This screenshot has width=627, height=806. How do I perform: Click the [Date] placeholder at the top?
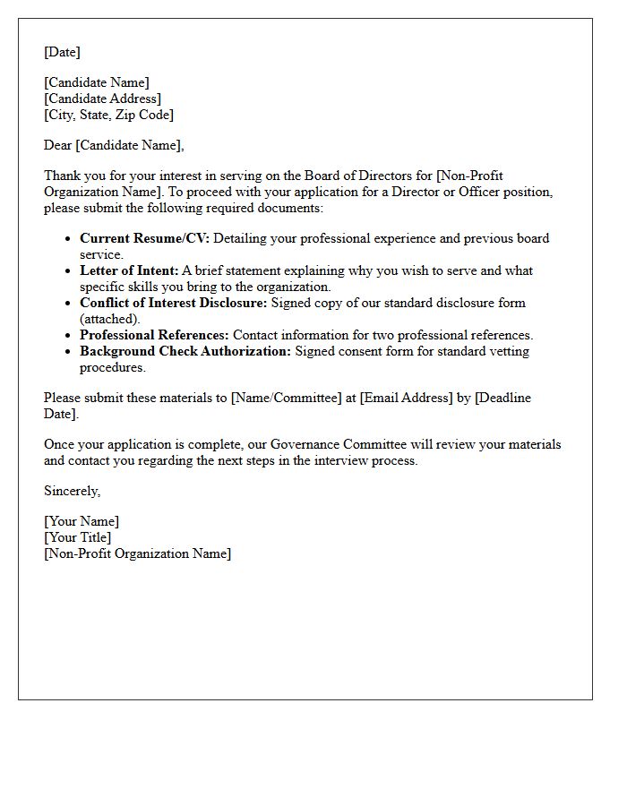point(62,52)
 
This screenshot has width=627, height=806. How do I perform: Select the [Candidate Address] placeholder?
point(102,99)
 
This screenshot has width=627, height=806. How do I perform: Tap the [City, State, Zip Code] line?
point(108,115)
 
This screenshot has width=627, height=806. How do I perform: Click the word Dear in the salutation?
point(57,145)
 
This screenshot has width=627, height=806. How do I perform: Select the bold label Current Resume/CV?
point(144,238)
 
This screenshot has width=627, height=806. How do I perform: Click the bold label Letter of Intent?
point(129,270)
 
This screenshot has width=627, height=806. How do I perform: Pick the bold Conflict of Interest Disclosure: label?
point(173,303)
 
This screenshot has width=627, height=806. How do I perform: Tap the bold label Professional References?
point(154,335)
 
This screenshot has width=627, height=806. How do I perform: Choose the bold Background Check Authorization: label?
point(185,351)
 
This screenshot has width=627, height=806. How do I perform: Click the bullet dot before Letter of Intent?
point(70,271)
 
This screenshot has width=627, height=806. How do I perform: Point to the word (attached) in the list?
point(110,319)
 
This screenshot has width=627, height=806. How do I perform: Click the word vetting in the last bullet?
point(504,351)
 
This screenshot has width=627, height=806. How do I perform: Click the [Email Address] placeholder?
point(406,398)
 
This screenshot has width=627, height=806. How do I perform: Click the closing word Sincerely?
point(72,491)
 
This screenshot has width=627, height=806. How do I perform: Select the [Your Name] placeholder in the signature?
point(81,521)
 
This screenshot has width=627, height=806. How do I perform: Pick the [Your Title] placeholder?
point(77,537)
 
